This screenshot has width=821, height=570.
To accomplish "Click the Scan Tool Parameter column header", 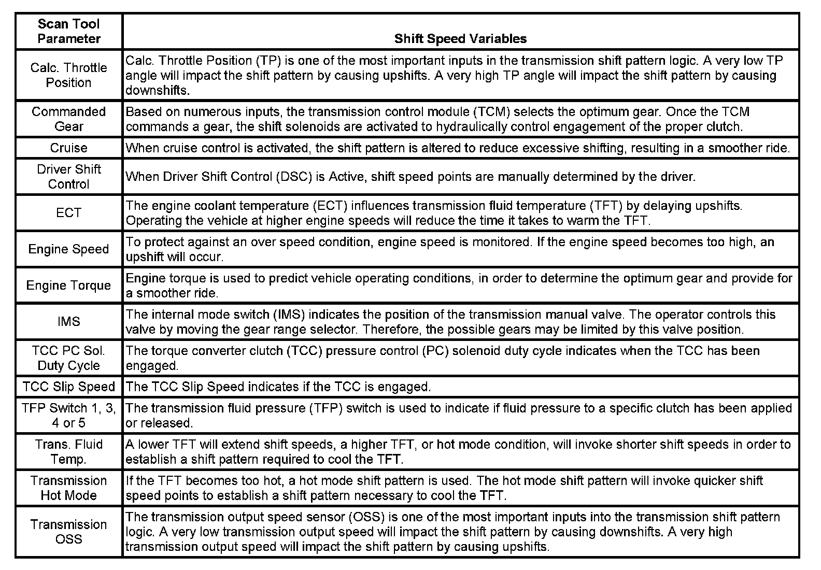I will coord(69,31).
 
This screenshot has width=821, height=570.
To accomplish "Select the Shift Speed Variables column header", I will coord(460,38).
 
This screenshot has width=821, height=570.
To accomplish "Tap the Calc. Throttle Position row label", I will coord(69,75).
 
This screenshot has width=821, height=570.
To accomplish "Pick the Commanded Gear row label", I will coord(69,119).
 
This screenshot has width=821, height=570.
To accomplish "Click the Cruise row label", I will coord(69,148).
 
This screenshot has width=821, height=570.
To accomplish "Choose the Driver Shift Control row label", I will coord(69,177).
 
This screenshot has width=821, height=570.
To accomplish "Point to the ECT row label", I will coord(69,213).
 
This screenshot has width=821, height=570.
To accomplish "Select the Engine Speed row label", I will coord(69,249).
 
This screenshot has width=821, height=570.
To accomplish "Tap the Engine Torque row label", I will coord(69,286).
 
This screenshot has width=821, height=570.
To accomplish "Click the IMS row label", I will coord(69,322).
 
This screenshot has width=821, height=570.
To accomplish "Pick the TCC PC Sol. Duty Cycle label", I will coord(69,358).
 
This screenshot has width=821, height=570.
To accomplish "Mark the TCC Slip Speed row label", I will coord(69,387).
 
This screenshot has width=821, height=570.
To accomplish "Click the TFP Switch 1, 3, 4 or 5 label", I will coord(69,416).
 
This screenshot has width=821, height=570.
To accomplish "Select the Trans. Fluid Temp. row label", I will coord(69,452).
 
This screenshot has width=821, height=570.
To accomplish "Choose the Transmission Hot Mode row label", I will coord(69,488).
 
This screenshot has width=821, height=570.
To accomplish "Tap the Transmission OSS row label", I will coord(69,532).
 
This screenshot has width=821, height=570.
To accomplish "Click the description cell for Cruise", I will coord(458,148).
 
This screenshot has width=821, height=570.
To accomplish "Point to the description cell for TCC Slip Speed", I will coord(278,387).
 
